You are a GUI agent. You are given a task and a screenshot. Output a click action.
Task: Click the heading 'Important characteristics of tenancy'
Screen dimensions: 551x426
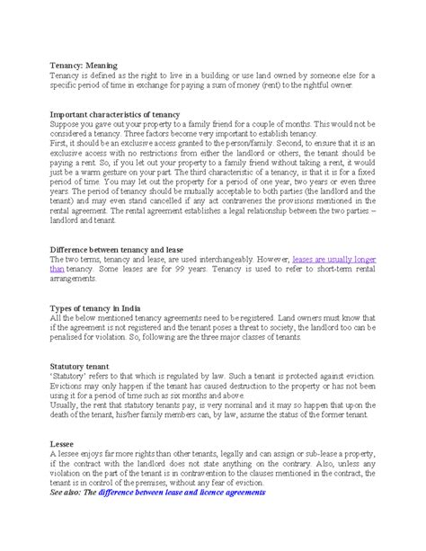click(x=114, y=114)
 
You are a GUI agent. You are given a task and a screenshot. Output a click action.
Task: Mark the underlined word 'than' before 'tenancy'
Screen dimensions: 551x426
click(x=57, y=267)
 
